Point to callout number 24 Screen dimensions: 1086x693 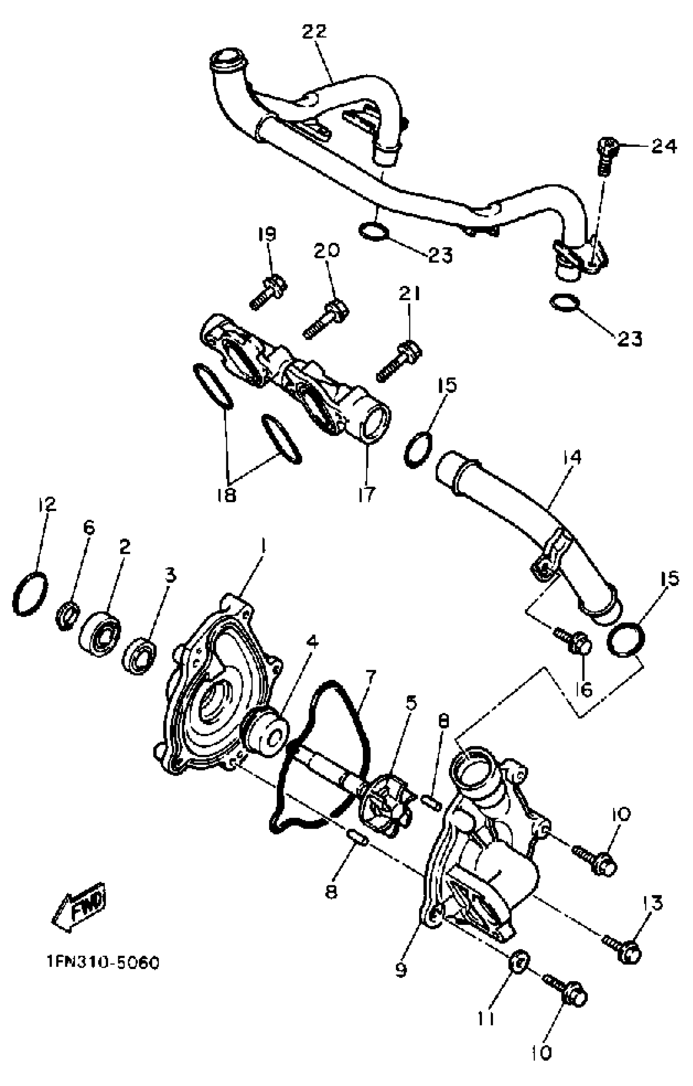click(664, 146)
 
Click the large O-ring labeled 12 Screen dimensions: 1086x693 click(30, 593)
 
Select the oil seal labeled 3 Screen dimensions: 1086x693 click(139, 657)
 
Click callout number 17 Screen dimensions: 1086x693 click(366, 494)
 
